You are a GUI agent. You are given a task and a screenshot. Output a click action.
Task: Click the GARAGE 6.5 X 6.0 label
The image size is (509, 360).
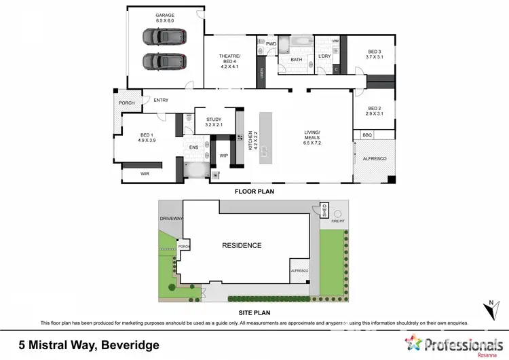pyautogui.click(x=165, y=18)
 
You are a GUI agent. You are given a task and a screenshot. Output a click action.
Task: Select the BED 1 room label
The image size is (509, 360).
pyautogui.click(x=148, y=137)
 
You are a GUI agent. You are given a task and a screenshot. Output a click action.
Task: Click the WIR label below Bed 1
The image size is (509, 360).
pyautogui.click(x=145, y=174)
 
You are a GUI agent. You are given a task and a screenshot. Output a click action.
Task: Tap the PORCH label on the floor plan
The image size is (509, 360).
pyautogui.click(x=126, y=103)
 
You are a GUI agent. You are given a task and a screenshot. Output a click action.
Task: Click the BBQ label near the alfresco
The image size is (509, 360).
pyautogui.click(x=367, y=135)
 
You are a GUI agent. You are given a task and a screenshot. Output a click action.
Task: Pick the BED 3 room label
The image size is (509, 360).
pyautogui.click(x=375, y=54)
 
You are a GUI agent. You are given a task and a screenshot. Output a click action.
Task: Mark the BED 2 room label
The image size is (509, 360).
pyautogui.click(x=375, y=111)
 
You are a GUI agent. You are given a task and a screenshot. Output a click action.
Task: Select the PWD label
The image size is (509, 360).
pyautogui.click(x=271, y=43)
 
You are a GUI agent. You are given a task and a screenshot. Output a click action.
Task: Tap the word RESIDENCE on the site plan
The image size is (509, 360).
pyautogui.click(x=242, y=245)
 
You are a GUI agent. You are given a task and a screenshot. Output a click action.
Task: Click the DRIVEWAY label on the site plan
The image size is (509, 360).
pyautogui.click(x=171, y=219)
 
